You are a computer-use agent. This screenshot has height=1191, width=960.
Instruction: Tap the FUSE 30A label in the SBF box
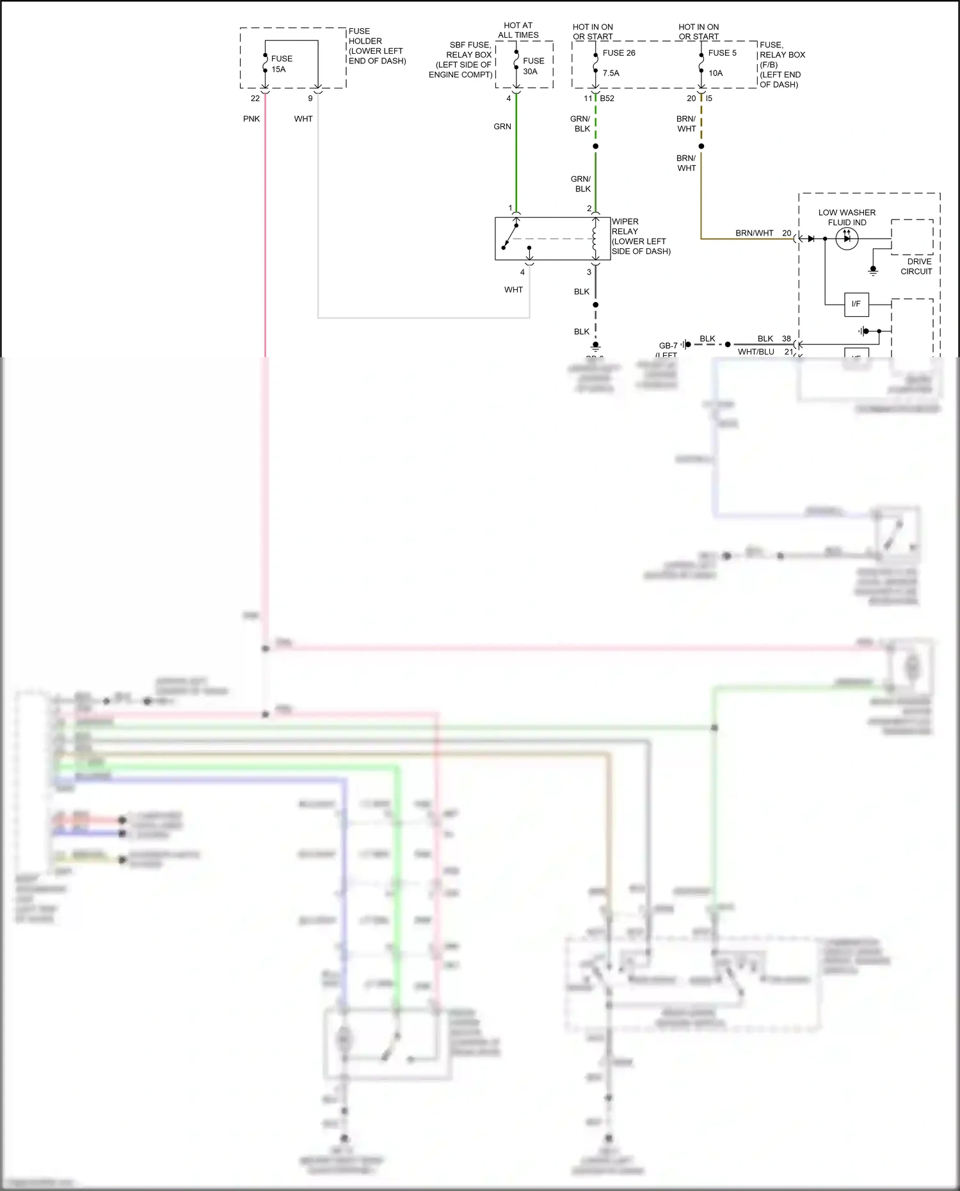[x=533, y=66]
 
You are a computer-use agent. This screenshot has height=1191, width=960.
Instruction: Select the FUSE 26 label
[x=618, y=53]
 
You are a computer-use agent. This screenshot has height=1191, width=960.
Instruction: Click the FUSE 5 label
[x=722, y=53]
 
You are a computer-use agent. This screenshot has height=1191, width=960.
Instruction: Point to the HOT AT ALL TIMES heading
[x=518, y=30]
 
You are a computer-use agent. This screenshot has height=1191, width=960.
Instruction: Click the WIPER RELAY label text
[x=625, y=227]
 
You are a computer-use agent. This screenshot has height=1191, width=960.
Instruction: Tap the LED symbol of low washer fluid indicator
[x=847, y=239]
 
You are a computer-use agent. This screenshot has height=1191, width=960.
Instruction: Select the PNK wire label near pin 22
[x=252, y=119]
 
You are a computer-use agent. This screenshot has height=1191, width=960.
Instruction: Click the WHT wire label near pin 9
[x=303, y=119]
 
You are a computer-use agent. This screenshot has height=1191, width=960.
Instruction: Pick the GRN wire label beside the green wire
[x=502, y=127]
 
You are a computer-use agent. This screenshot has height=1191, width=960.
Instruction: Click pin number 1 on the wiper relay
[x=510, y=208]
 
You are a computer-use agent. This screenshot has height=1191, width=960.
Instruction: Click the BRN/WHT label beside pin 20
[x=754, y=233]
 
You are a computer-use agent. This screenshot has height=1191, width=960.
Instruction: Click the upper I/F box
[x=856, y=304]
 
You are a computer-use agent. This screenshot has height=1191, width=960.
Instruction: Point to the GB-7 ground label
[x=668, y=346]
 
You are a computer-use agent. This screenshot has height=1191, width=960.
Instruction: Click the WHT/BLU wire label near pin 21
[x=756, y=352]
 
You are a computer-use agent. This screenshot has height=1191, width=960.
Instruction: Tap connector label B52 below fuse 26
[x=607, y=99]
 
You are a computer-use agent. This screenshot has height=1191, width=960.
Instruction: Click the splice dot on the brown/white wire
[x=701, y=146]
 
